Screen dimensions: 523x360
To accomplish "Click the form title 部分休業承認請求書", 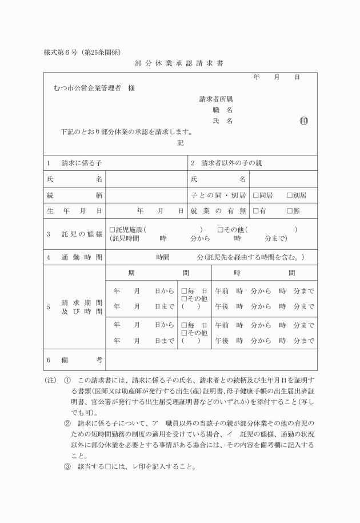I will [x=179, y=63].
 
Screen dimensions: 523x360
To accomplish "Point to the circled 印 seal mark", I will [x=304, y=121].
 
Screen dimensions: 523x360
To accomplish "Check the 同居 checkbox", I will [x=256, y=195].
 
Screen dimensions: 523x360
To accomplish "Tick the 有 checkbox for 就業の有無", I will [x=256, y=211].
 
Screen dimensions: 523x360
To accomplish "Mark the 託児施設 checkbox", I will [x=113, y=230].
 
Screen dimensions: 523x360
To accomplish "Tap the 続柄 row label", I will [x=75, y=195].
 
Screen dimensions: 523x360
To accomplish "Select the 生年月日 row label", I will [x=75, y=211].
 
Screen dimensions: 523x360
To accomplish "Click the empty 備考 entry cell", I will [x=211, y=360].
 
